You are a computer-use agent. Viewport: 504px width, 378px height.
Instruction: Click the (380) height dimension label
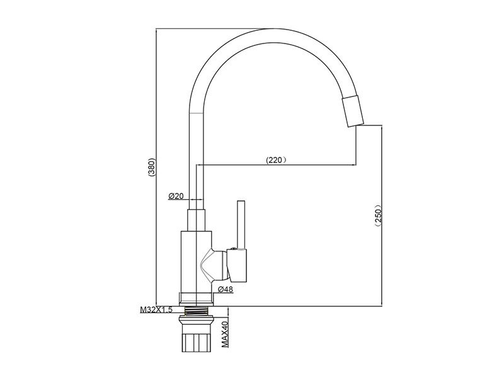(x=152, y=167)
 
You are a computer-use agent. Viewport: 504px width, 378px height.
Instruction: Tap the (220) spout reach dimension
(x=276, y=160)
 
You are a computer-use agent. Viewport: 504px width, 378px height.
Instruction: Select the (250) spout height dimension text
(x=377, y=215)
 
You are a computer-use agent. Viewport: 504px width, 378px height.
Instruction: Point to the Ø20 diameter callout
(x=176, y=196)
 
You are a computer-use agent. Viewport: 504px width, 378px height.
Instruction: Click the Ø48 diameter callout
(x=226, y=290)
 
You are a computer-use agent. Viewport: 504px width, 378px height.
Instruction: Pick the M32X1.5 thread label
(x=156, y=310)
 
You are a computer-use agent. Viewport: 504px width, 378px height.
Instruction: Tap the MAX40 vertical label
(x=225, y=335)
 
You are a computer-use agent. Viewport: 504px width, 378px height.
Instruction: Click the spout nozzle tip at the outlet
(x=352, y=111)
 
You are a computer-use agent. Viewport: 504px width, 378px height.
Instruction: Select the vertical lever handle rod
(x=241, y=225)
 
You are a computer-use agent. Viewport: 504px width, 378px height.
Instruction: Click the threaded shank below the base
(x=196, y=311)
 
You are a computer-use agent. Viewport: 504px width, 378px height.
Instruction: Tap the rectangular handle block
(x=237, y=266)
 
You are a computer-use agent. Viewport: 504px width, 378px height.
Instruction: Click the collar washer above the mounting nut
(x=196, y=320)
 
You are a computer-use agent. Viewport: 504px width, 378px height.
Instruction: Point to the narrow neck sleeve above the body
(x=196, y=220)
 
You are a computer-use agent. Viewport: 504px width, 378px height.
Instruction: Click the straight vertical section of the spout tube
(x=196, y=161)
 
